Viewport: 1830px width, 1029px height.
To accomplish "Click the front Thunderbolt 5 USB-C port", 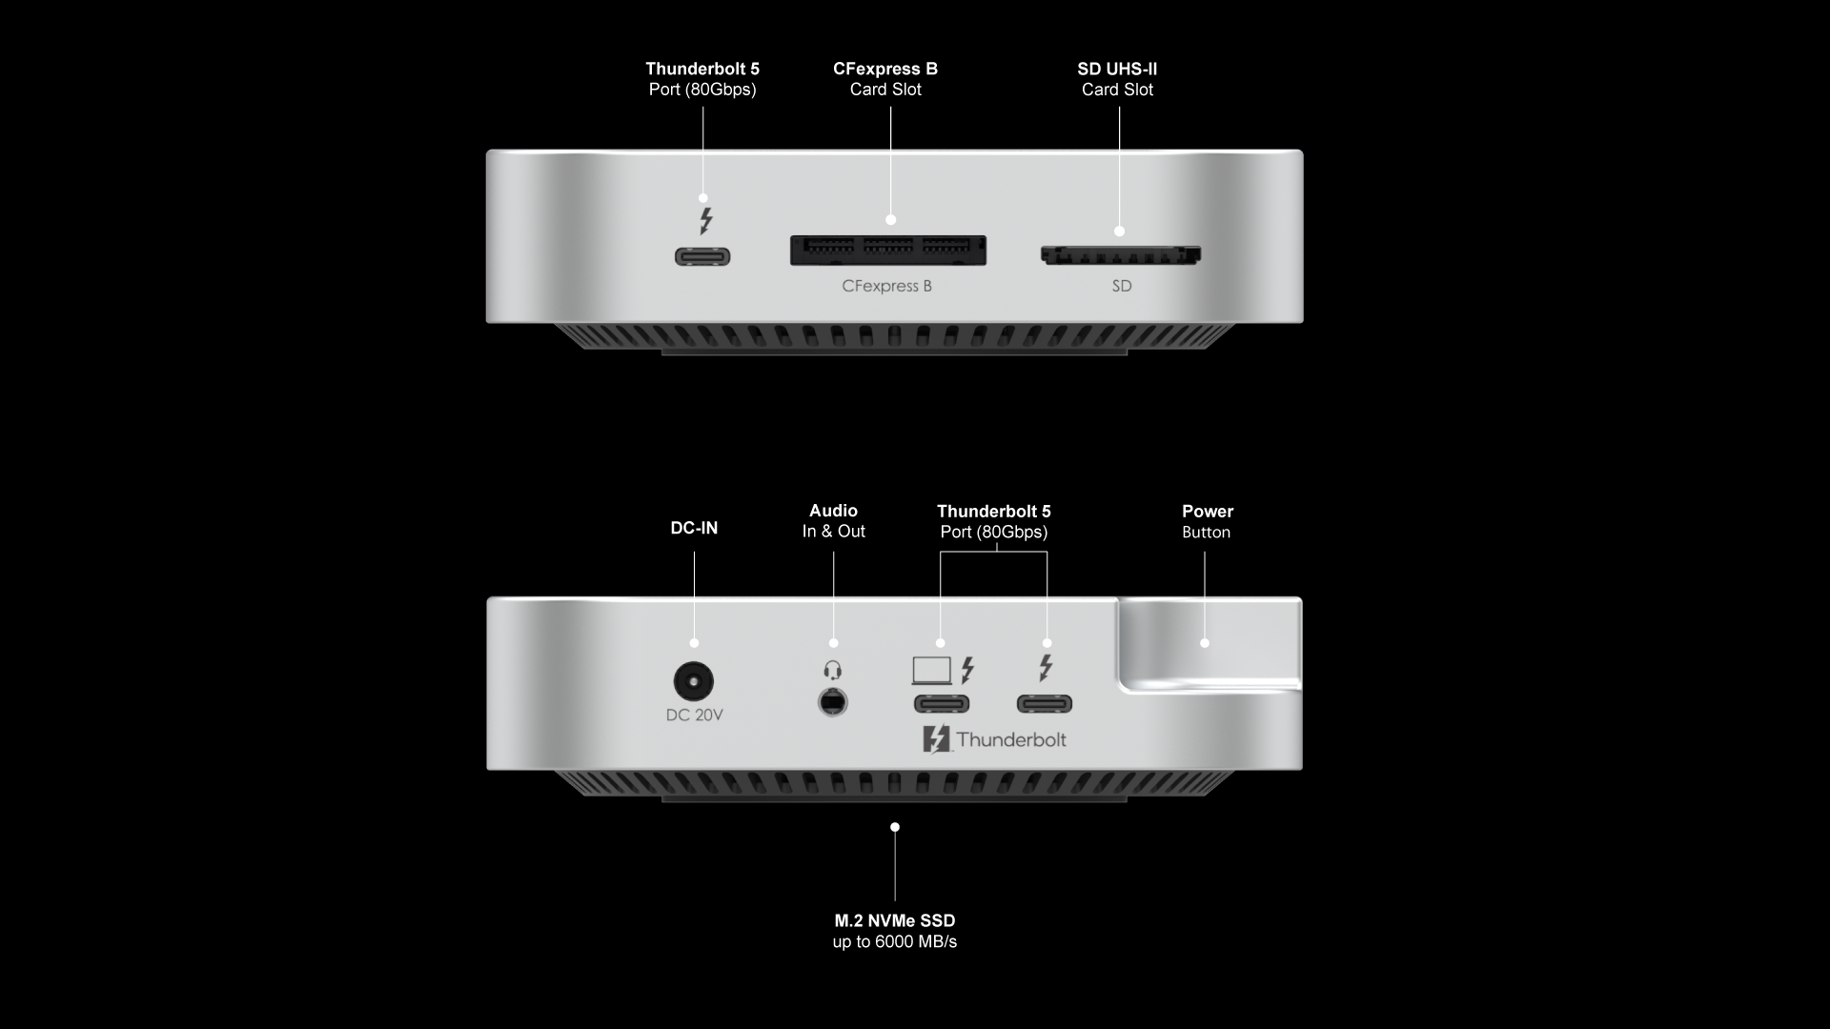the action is (702, 256).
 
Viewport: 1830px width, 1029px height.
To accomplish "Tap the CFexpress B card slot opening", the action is (888, 251).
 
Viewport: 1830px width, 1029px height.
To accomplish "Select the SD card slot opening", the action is (1120, 255).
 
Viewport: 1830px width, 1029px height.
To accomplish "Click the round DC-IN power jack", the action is (693, 682).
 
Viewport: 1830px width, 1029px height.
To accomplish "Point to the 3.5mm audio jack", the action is (833, 703).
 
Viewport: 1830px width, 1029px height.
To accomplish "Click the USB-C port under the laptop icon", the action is (942, 704).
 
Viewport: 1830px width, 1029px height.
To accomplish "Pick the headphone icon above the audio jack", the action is (833, 671).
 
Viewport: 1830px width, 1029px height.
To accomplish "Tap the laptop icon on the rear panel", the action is (932, 671).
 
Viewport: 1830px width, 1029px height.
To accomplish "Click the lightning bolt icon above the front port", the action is (705, 221).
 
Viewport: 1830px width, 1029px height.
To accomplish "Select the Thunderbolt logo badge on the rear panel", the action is (994, 739).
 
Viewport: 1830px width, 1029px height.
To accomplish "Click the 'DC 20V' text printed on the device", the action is (695, 716).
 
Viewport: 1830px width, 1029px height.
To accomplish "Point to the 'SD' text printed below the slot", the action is (1122, 286).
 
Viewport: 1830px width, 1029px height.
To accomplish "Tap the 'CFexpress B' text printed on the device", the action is (887, 286).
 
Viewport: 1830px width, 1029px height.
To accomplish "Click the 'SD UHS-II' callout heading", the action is (1117, 69).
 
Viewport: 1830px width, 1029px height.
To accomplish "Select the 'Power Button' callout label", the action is (1208, 521).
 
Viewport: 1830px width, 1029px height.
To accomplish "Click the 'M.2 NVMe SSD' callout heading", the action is (895, 920).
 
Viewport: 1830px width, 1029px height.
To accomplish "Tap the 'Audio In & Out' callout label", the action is (834, 521).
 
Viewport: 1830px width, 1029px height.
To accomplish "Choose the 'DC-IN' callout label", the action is (694, 528).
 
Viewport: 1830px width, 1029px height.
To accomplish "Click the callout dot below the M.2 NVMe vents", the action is (895, 827).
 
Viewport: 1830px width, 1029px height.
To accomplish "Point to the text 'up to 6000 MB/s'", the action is (895, 942).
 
